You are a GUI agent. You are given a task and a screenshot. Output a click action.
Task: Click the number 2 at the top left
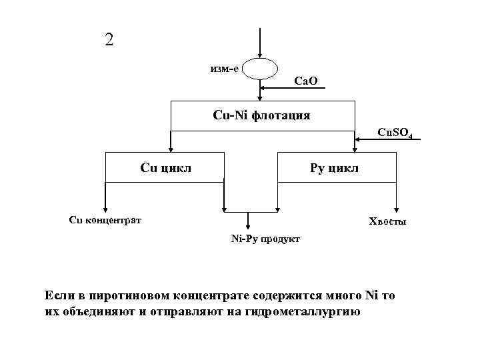point(109,39)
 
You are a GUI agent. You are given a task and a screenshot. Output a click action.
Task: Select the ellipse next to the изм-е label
point(259,68)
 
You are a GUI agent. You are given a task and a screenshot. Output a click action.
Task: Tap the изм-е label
point(224,68)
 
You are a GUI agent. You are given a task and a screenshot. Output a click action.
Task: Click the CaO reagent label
point(306,81)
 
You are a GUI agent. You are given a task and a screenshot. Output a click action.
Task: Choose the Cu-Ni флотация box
point(261,115)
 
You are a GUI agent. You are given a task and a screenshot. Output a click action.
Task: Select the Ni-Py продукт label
point(265,237)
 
